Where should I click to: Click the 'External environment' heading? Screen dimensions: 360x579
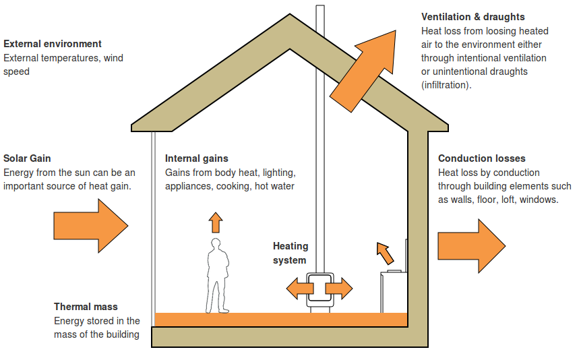[x=53, y=44]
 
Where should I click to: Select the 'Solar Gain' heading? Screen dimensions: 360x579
[x=27, y=158]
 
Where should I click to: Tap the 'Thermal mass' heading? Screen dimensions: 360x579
[x=86, y=307]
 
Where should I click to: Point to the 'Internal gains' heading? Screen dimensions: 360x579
[x=197, y=158]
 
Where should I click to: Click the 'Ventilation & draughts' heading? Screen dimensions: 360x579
[x=473, y=17]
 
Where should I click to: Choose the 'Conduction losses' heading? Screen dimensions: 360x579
[x=481, y=158]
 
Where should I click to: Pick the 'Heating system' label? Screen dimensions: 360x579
[x=290, y=253]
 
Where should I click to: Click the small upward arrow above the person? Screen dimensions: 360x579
[x=215, y=222]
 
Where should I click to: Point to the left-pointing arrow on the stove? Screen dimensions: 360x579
[x=299, y=289]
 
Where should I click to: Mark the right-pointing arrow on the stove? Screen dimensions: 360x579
[x=339, y=289]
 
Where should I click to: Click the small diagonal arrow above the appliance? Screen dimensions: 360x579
[x=384, y=253]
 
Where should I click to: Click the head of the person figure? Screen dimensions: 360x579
[x=216, y=244]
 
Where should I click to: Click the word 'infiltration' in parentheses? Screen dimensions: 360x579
[x=446, y=85]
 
